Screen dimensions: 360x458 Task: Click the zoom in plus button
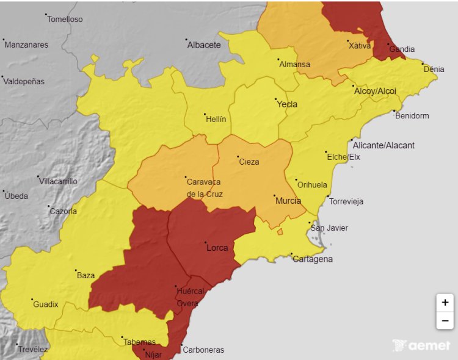click(445, 303)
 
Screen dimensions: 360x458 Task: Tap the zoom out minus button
click(445, 320)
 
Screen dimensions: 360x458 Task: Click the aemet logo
click(421, 345)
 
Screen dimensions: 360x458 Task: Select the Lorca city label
click(217, 248)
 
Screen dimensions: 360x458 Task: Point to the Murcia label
click(288, 201)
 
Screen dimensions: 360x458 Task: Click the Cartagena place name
click(313, 259)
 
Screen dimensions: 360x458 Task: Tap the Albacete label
click(204, 45)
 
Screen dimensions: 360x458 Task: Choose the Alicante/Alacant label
click(383, 145)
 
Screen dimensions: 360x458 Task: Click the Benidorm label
click(412, 116)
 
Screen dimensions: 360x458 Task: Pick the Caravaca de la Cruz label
click(205, 188)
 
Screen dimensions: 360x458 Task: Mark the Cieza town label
click(249, 162)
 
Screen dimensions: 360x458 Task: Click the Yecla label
click(287, 104)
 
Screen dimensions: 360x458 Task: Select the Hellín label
click(216, 119)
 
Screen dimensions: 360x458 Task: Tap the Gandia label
click(402, 49)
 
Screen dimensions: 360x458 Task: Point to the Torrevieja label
click(346, 202)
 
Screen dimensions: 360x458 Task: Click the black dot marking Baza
click(76, 270)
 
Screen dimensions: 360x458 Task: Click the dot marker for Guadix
click(32, 300)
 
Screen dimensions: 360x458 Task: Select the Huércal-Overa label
click(189, 297)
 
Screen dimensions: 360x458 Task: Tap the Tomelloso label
click(65, 19)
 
